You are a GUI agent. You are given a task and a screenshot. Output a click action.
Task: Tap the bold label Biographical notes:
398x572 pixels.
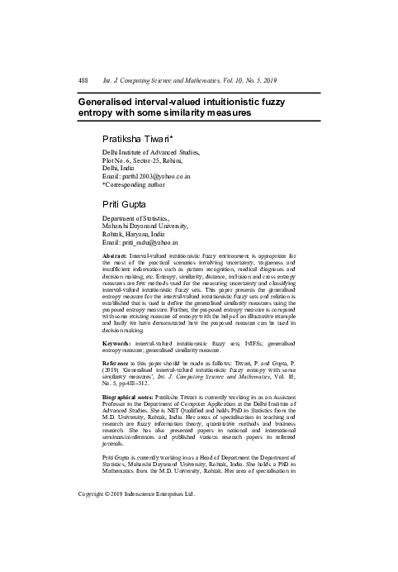point(131,396)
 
